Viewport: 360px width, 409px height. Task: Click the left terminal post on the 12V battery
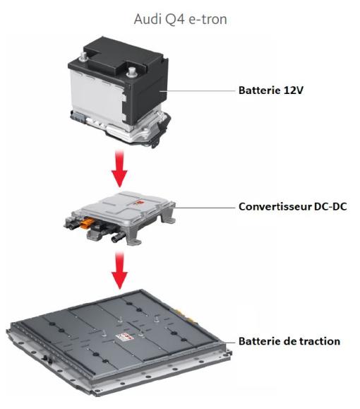85,52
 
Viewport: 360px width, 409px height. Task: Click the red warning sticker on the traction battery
124,338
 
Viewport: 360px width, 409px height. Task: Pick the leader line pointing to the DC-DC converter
205,208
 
